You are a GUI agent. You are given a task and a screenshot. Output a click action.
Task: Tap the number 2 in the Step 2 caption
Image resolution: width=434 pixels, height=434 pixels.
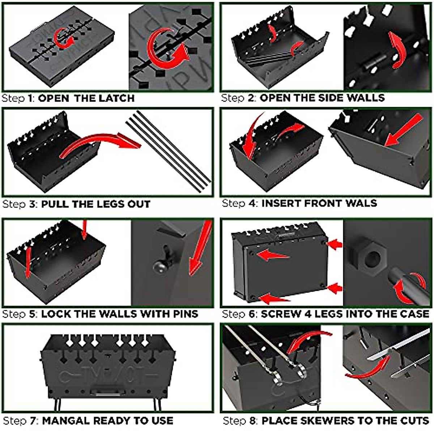click(x=252, y=98)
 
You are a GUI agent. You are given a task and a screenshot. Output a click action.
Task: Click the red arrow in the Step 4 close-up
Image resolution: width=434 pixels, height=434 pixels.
click(x=403, y=130)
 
